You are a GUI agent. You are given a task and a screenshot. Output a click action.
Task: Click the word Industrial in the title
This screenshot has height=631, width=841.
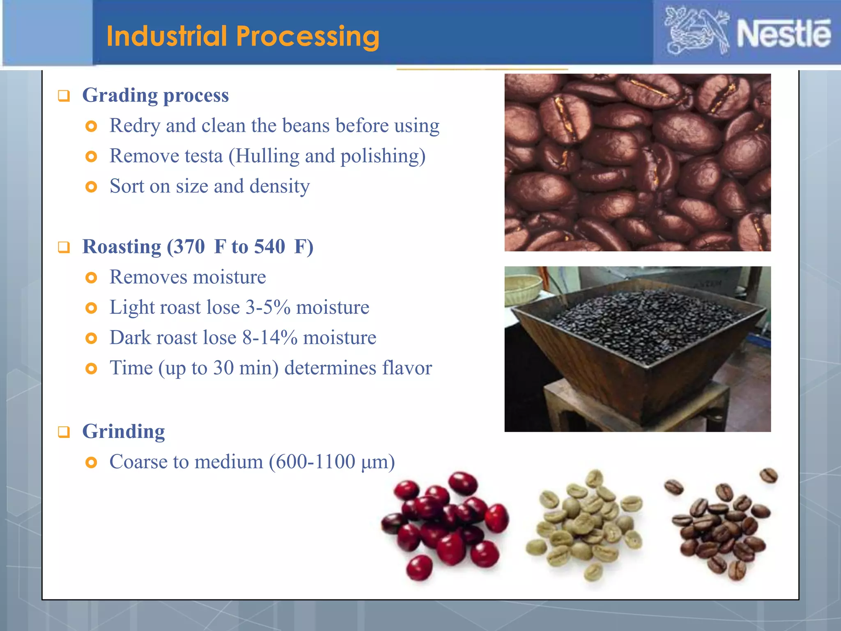point(167,36)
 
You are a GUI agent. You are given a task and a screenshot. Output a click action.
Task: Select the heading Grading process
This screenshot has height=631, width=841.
point(155,95)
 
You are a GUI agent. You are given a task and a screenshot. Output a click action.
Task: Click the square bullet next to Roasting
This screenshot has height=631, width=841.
point(64,247)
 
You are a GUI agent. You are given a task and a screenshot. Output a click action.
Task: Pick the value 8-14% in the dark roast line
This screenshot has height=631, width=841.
point(269,338)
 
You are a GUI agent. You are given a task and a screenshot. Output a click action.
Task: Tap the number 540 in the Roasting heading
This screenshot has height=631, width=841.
point(269,246)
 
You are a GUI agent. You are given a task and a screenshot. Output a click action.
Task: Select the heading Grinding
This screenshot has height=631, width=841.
point(123,431)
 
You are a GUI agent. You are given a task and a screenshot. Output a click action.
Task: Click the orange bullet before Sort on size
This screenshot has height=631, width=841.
point(91,187)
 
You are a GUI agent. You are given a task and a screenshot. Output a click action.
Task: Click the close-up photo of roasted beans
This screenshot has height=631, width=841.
point(637,162)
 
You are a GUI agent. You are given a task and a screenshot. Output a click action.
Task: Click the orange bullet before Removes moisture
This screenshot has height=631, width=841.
point(91,278)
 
